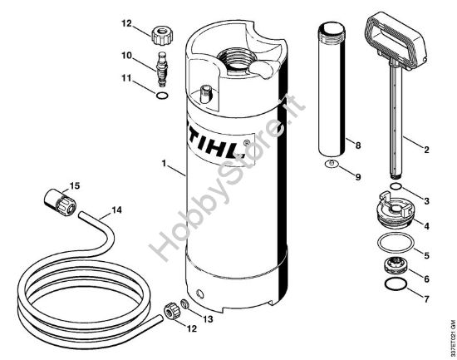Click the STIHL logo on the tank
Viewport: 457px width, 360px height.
[x=213, y=139]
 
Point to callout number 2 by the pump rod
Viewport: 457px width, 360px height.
[x=426, y=150]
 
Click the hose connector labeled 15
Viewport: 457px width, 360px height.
[x=57, y=203]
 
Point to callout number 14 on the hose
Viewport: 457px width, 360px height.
[x=116, y=210]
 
